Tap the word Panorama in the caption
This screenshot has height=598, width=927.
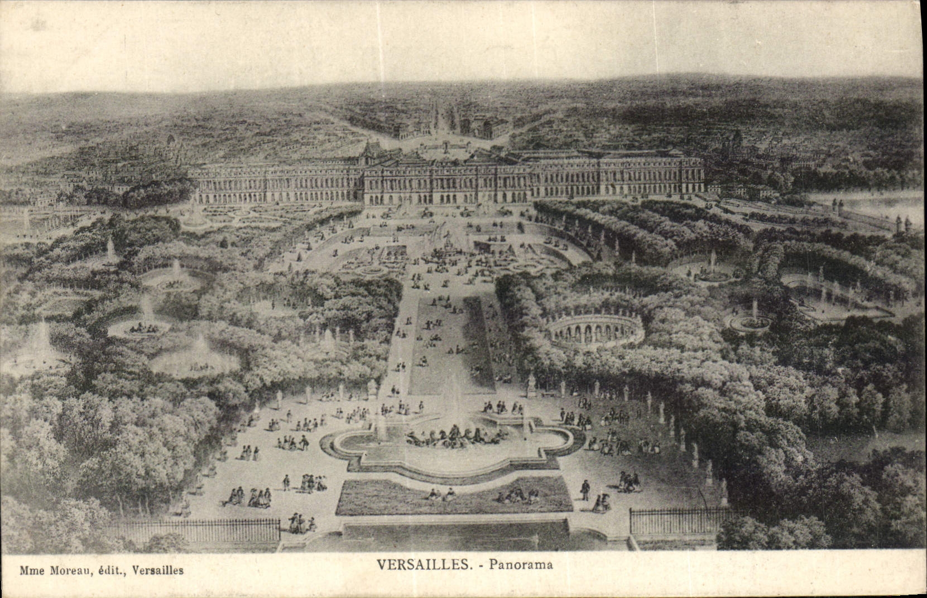521,565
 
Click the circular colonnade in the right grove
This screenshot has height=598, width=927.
595,330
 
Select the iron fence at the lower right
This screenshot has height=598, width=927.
675,521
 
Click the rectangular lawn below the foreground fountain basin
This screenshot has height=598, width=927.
453,496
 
